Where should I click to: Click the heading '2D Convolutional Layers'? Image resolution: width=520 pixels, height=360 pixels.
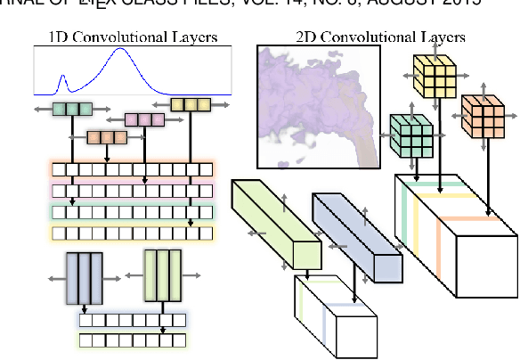click(x=380, y=37)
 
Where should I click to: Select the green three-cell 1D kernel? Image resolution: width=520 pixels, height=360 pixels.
click(x=73, y=110)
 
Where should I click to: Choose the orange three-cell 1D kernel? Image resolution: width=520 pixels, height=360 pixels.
click(x=107, y=137)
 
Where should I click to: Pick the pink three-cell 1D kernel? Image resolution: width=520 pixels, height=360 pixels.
click(x=143, y=119)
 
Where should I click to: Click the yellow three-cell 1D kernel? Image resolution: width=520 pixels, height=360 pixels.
click(x=190, y=105)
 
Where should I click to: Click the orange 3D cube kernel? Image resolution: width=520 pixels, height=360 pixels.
click(x=483, y=116)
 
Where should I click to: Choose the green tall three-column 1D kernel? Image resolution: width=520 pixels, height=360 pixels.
click(x=162, y=275)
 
